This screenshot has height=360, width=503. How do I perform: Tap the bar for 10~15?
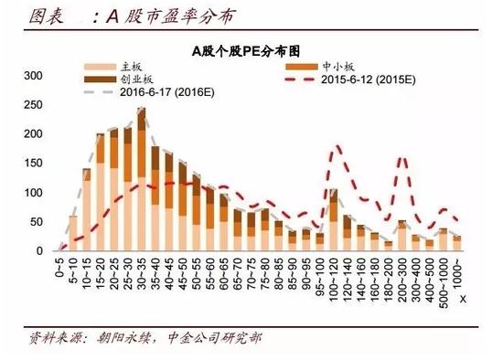click(x=87, y=210)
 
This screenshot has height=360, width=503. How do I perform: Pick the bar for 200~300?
click(x=401, y=236)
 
